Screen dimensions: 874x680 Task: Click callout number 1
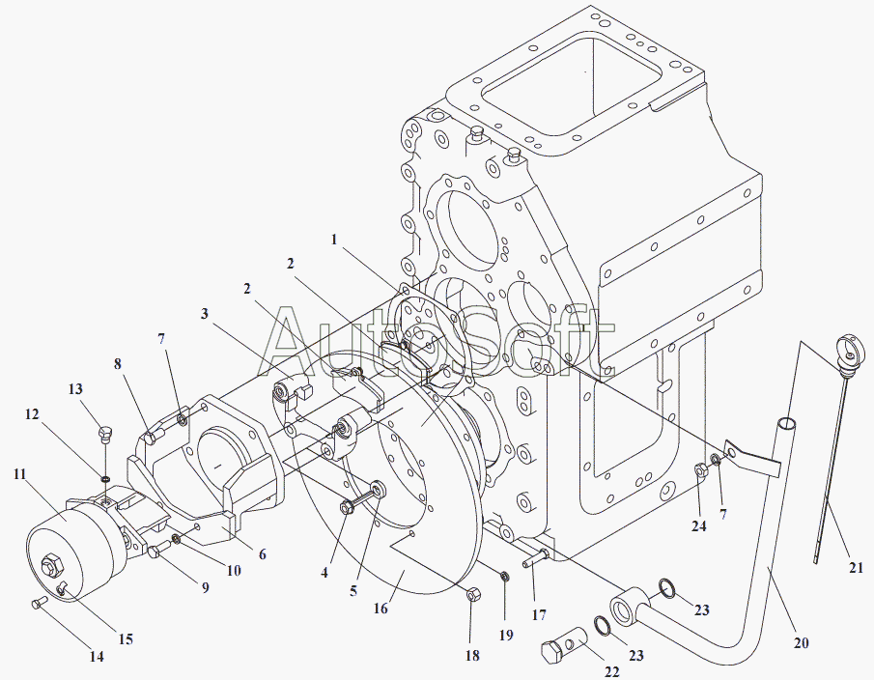click(334, 240)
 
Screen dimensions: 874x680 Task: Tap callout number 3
click(205, 314)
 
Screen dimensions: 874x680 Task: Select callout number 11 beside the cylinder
click(20, 474)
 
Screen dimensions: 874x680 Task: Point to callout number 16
click(381, 609)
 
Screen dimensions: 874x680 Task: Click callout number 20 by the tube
click(801, 642)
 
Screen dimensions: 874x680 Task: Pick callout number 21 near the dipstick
click(856, 567)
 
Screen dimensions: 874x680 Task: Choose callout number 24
click(699, 525)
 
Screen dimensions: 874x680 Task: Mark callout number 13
click(75, 389)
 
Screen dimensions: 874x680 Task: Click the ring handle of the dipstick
click(852, 348)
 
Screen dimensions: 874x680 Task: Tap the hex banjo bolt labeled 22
click(564, 643)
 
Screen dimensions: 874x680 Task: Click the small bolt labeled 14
click(39, 602)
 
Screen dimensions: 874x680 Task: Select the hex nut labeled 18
click(471, 594)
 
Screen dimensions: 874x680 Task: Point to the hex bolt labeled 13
click(105, 433)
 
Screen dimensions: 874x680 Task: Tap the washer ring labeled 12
click(105, 478)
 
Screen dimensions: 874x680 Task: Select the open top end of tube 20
click(786, 424)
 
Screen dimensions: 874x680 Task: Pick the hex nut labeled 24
click(701, 470)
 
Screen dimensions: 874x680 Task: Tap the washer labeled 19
click(504, 576)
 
